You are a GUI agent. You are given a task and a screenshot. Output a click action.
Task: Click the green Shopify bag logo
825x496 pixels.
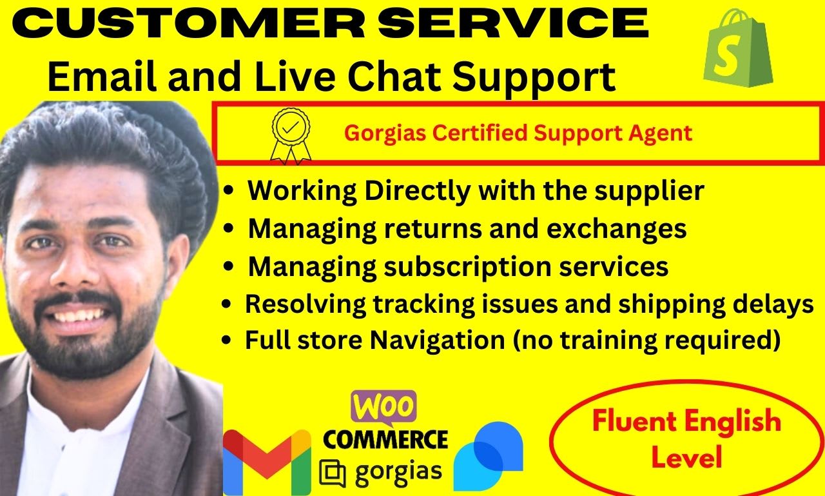coord(738,48)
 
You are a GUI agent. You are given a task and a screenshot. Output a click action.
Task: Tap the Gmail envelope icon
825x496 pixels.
coord(267,462)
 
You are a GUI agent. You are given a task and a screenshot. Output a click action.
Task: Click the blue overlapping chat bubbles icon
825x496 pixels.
coord(489,456)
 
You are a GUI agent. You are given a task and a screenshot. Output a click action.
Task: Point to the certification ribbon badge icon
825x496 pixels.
coord(291,135)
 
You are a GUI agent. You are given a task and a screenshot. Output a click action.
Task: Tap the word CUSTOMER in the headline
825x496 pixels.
coord(189,23)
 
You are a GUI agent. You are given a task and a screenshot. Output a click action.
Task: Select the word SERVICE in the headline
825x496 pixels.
coord(513,23)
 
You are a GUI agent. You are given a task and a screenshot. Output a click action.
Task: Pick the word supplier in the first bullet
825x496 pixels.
coord(650,192)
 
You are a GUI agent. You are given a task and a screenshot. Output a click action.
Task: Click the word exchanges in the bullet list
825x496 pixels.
coord(617,228)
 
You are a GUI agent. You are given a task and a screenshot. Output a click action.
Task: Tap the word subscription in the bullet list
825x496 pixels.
coord(467,267)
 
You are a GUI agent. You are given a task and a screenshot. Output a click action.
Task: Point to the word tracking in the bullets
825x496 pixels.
coord(424,304)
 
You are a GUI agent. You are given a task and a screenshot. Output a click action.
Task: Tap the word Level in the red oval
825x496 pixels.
coord(686,457)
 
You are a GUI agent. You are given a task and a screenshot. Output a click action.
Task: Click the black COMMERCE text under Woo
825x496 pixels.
coord(385,439)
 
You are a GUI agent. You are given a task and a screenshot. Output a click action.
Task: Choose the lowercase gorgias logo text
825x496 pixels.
coord(398,472)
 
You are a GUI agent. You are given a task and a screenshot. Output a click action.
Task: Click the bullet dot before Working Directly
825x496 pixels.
coord(228,191)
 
